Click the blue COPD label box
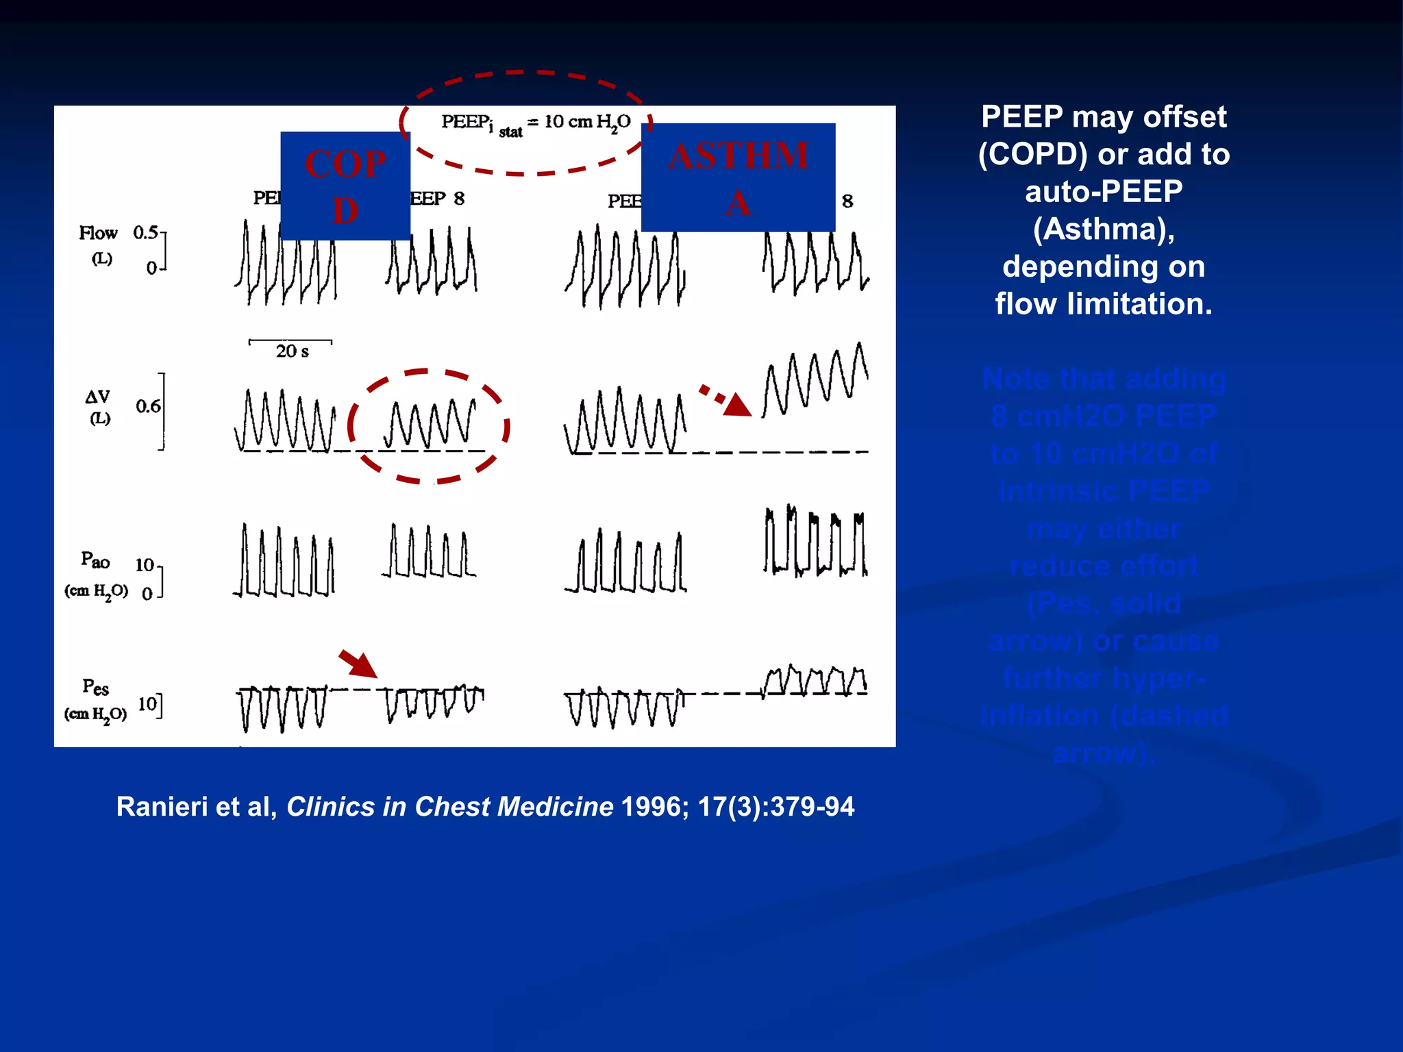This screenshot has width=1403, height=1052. click(x=345, y=186)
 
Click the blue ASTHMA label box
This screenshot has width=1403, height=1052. click(x=738, y=177)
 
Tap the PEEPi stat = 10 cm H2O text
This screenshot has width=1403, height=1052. click(x=536, y=123)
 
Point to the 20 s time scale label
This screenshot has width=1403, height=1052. click(x=292, y=351)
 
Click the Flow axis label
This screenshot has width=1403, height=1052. click(x=99, y=234)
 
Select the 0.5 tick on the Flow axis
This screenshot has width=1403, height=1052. click(x=145, y=233)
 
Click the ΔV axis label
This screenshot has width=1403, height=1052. click(x=98, y=397)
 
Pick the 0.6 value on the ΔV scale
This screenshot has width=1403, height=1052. click(x=148, y=406)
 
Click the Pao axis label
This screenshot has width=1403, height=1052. click(x=95, y=560)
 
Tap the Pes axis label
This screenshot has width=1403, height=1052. click(x=95, y=687)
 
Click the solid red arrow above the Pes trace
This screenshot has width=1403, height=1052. click(x=358, y=664)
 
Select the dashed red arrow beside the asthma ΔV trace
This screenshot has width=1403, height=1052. click(x=726, y=401)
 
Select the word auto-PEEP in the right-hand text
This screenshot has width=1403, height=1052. click(x=1104, y=191)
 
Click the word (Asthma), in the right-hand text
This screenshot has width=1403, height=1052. click(x=1104, y=229)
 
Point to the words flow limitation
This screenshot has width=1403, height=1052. click(x=1104, y=303)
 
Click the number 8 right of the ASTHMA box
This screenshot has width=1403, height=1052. click(x=847, y=201)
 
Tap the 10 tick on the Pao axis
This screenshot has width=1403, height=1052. click(x=145, y=565)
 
